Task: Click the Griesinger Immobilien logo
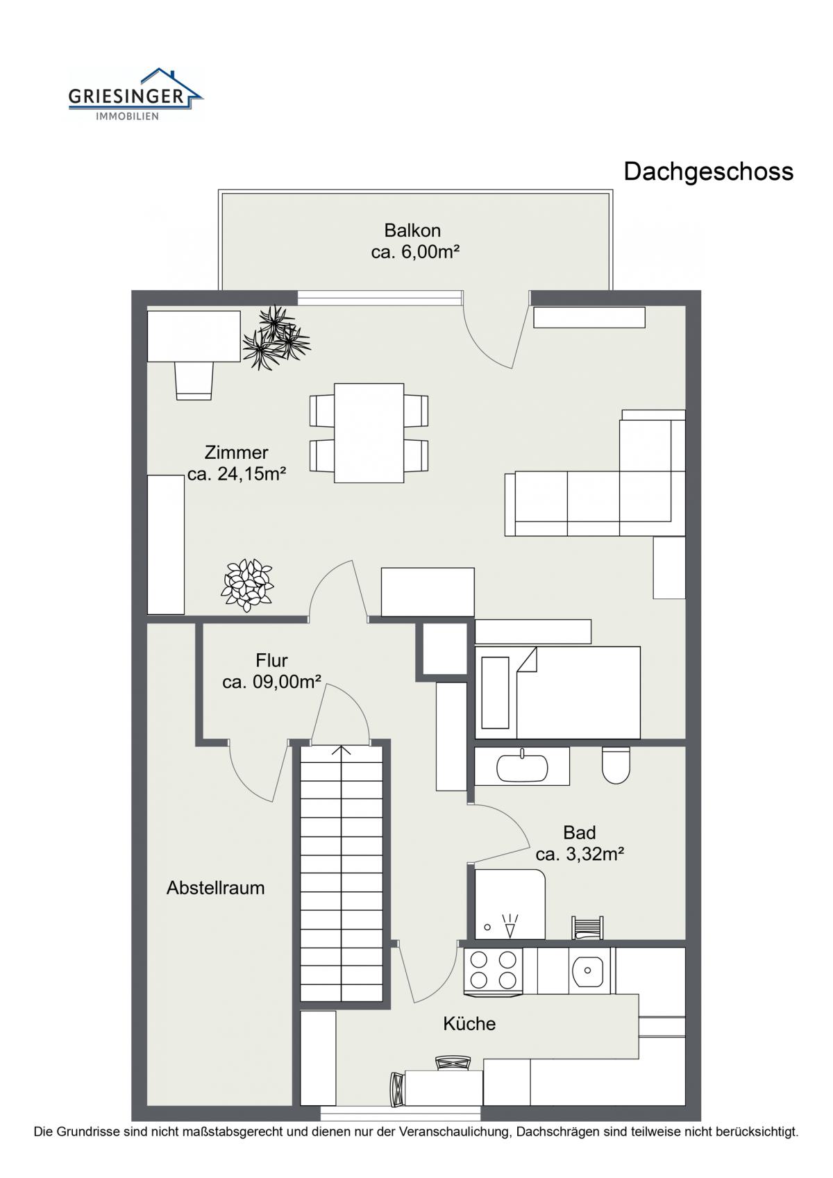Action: point(135,94)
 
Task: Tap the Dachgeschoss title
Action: point(708,171)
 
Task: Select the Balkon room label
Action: point(412,230)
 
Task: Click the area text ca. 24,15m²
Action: point(237,474)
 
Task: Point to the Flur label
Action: point(272,660)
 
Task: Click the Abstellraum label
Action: point(216,888)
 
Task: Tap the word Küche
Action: point(469,1023)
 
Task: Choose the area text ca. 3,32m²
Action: point(580,855)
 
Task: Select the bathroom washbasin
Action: point(522,767)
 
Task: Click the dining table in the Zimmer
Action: point(369,432)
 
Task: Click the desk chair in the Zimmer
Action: point(194,380)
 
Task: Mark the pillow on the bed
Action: point(496,693)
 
